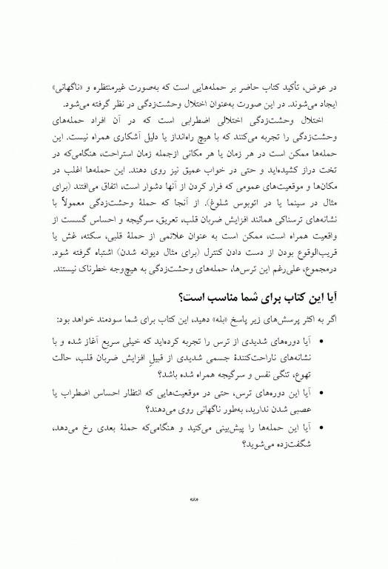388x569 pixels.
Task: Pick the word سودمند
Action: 100,319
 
